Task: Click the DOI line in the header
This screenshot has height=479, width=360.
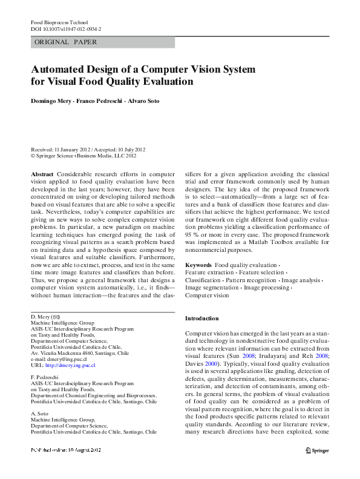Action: pyautogui.click(x=66, y=28)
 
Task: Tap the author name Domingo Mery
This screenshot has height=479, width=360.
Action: pyautogui.click(x=51, y=101)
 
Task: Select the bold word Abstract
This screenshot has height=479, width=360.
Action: pyautogui.click(x=42, y=173)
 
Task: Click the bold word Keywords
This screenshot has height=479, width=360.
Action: pyautogui.click(x=198, y=265)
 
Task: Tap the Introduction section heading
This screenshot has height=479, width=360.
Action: pyautogui.click(x=202, y=319)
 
